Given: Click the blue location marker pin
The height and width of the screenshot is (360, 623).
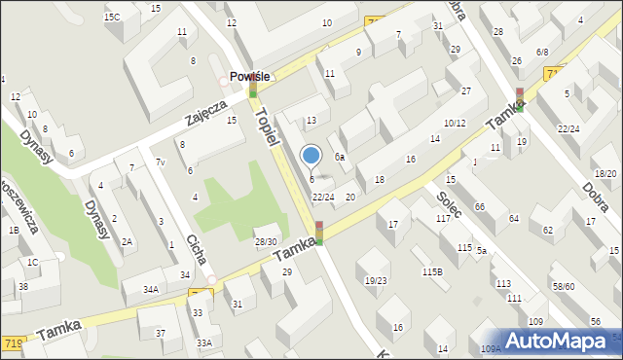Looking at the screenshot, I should pos(311,157).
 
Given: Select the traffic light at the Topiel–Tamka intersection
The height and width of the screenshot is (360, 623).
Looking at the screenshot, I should pos(318,233).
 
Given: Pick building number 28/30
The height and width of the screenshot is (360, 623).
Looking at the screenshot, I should pos(265,241).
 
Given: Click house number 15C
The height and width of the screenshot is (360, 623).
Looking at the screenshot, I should pos(113,17).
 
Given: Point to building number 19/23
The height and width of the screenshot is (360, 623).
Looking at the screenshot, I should pos(376,280).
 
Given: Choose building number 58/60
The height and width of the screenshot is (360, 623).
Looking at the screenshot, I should pos(563,287).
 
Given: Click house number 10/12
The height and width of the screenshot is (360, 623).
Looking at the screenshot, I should pos(455,123).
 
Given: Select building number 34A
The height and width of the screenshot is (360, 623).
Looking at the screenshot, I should pos(151,289).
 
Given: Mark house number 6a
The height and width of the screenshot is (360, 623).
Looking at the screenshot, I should pos(340,157).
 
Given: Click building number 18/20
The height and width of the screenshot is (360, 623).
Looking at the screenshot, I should pos(605,173).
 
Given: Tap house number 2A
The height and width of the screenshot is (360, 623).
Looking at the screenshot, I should pos(127,242).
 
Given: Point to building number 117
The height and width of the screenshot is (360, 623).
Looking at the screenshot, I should pos(443,218).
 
